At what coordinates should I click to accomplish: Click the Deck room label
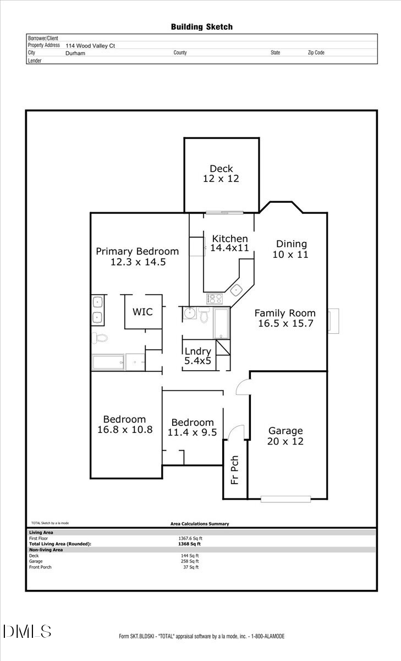(x=221, y=169)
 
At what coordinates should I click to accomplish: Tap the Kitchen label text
(x=230, y=239)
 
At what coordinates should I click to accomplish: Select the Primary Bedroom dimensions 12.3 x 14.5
(x=138, y=262)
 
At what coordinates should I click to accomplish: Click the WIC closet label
(x=142, y=312)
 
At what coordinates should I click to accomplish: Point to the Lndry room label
(x=197, y=351)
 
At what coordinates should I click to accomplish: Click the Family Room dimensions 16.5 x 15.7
(x=285, y=323)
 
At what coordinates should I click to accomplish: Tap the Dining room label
(x=291, y=244)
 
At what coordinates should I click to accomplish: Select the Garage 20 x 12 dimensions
(x=285, y=441)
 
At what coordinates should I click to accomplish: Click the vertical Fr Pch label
(x=235, y=469)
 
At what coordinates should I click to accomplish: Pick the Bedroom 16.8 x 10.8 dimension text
(x=124, y=430)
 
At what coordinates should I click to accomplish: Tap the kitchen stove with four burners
(x=214, y=299)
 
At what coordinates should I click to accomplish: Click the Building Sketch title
(x=201, y=26)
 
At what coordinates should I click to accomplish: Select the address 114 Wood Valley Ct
(x=90, y=46)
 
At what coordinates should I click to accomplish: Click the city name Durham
(x=75, y=53)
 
